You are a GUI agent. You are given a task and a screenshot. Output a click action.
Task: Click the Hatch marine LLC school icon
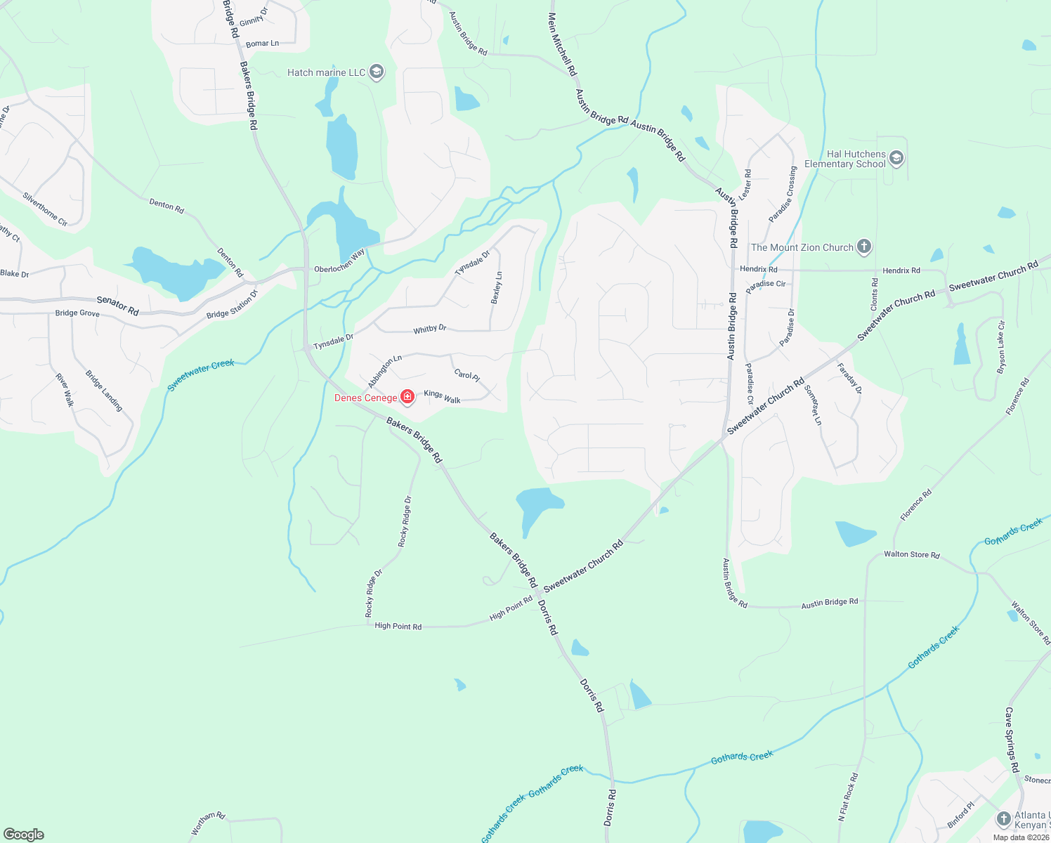point(377,72)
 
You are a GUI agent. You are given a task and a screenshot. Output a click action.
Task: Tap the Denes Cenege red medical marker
point(407,398)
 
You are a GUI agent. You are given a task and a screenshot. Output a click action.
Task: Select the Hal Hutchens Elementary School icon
point(896,158)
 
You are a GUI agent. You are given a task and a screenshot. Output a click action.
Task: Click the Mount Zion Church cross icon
point(864,247)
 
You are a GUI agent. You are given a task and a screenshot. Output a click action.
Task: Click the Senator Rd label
point(117,305)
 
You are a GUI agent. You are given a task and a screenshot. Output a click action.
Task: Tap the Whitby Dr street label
point(430,329)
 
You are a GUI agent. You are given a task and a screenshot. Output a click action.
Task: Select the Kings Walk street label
point(442,397)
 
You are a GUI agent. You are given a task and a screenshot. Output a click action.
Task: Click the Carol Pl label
point(466,375)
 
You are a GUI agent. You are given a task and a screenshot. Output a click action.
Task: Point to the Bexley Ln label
point(497,287)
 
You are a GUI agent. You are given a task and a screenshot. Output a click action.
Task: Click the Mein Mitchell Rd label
point(562,44)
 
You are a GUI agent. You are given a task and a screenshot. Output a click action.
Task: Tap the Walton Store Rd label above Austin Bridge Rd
point(911,555)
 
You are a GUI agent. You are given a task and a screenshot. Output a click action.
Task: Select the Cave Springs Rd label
point(1012,740)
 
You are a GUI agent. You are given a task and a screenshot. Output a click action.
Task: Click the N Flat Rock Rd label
point(848,797)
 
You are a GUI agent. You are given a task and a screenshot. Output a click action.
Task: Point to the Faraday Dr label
point(849,378)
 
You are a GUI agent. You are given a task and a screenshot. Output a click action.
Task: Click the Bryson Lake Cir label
point(1001,347)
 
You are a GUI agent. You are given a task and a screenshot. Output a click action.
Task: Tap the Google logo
point(24,834)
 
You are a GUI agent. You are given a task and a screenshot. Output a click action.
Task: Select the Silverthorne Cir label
point(45,209)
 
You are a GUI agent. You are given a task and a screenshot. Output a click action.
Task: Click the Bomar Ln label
point(262,44)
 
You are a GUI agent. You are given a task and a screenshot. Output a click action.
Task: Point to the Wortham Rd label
point(208,824)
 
